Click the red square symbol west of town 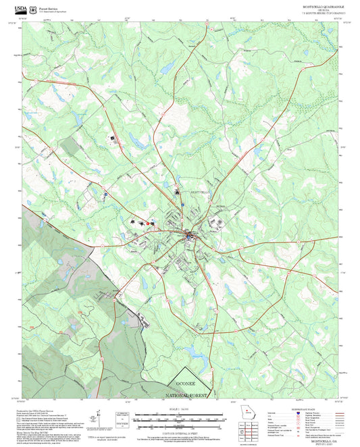[143, 221]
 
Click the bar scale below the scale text [180, 417]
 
